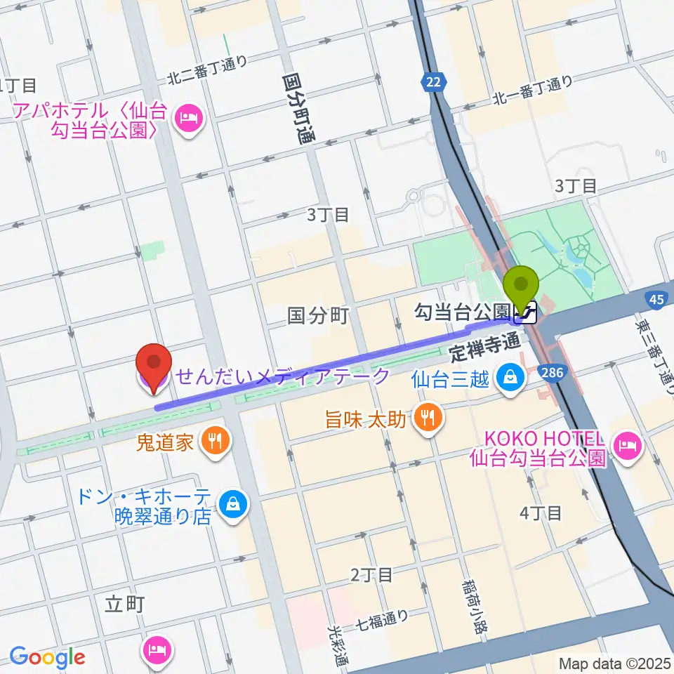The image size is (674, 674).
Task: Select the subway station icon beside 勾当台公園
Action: click(526, 311)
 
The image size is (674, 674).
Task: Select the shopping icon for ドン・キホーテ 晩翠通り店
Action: click(230, 503)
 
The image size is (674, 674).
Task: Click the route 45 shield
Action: click(656, 300)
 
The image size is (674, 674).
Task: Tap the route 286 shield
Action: click(552, 373)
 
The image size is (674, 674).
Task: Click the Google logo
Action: click(47, 657)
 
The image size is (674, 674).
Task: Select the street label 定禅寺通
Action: click(484, 344)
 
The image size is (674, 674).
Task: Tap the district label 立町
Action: click(124, 604)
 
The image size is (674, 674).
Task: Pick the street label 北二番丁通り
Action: click(207, 69)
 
